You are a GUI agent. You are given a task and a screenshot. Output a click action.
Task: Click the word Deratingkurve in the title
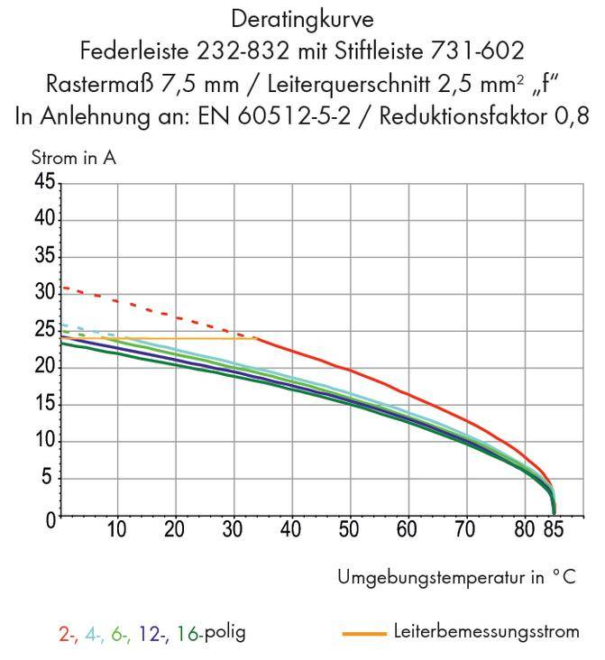point(301,18)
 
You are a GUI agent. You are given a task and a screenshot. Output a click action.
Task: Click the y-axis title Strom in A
point(73,159)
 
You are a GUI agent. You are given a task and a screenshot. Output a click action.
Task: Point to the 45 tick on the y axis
point(44,182)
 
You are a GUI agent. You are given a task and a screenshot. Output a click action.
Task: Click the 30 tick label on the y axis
point(44,293)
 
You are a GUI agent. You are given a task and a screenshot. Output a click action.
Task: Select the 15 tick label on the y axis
point(44,404)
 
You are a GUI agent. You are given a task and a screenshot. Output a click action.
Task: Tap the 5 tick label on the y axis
point(49,478)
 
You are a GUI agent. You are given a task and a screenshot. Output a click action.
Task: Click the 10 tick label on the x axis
point(117,529)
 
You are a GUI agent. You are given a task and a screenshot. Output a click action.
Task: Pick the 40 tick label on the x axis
point(290,529)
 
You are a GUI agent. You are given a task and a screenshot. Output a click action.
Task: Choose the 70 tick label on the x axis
point(463,529)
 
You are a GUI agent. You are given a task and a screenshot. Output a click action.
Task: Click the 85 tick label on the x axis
point(554,529)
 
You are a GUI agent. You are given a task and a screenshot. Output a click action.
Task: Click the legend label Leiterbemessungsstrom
point(486,632)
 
